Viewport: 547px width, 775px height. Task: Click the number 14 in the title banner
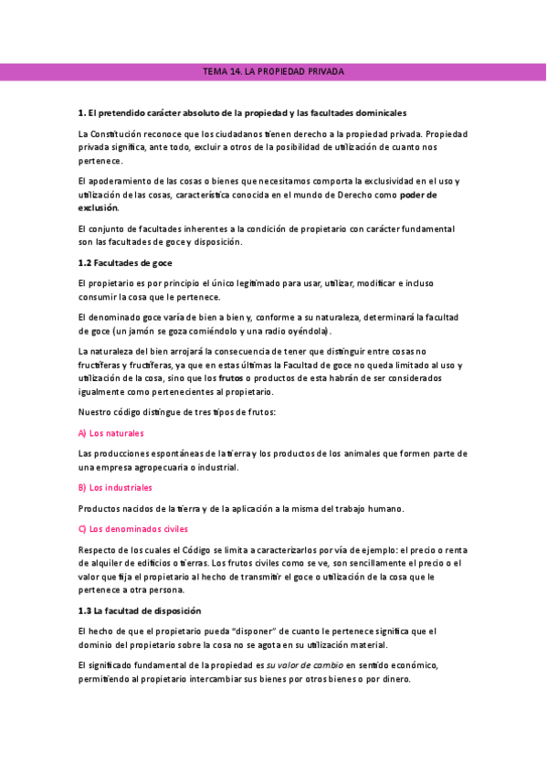[x=237, y=71]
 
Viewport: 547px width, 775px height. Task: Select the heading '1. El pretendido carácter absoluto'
[x=243, y=112]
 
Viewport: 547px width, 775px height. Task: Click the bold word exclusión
[x=100, y=207]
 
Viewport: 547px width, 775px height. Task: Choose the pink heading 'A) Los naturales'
[x=111, y=432]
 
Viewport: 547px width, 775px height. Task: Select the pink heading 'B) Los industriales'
[x=116, y=488]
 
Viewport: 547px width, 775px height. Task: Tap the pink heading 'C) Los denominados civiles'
[x=130, y=528]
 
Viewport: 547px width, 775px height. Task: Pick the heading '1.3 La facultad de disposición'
[x=139, y=610]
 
